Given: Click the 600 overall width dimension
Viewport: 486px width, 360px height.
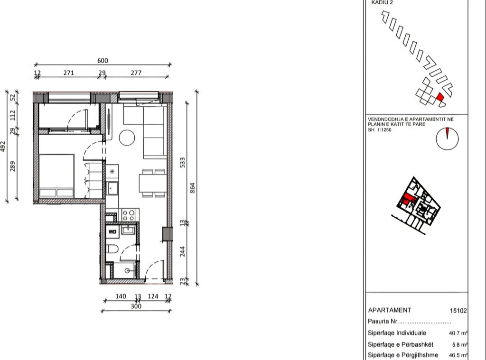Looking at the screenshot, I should click(103, 60).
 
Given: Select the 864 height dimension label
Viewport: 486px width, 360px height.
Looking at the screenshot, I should click(193, 187).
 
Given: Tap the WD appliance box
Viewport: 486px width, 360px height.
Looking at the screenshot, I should click(112, 231).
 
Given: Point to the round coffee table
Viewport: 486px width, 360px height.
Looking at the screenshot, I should click(127, 138).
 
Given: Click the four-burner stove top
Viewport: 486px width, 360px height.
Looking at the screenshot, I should click(129, 215).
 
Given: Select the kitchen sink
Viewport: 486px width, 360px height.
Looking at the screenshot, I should click(113, 188).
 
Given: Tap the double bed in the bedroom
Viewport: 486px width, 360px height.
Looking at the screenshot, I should click(56, 175).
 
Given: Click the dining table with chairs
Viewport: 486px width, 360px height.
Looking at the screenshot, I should click(152, 182).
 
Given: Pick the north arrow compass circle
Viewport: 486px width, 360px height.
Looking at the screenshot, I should click(447, 138).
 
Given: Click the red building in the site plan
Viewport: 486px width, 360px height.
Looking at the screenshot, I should click(440, 97).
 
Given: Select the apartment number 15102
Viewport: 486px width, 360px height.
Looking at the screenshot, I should click(458, 311).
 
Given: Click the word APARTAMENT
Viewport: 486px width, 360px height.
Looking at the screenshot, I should click(390, 310).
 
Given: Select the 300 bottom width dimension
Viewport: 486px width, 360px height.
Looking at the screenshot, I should click(136, 306).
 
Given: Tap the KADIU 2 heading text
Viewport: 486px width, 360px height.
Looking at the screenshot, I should click(382, 2).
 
